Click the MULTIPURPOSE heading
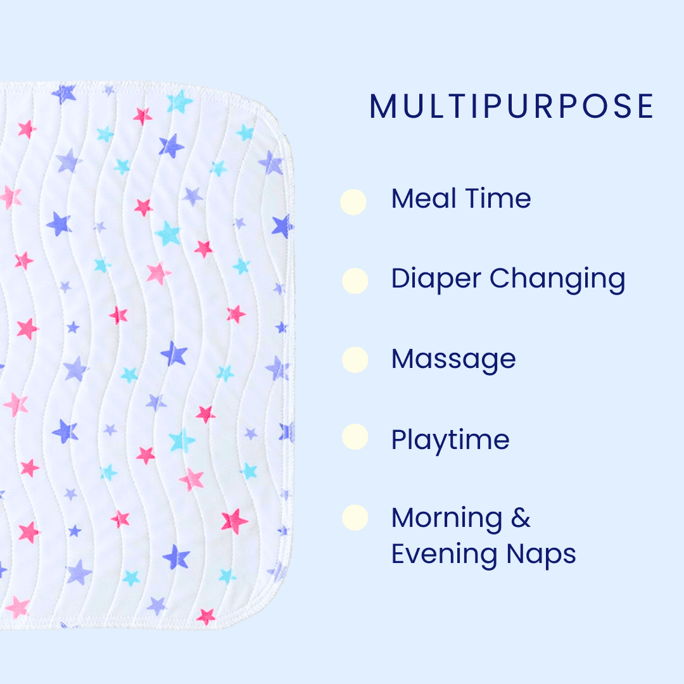coord(511,106)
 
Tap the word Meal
coord(424,198)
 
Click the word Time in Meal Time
coord(498,198)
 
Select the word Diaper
coord(436,279)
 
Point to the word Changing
coord(557,280)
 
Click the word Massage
coord(453,360)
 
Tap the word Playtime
coord(450,440)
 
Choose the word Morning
coord(446,518)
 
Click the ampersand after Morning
coord(521,518)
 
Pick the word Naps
coord(541,555)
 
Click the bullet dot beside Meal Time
coord(353,202)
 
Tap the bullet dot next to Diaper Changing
coord(355,281)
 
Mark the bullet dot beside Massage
coord(355,360)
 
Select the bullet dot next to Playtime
coord(355,436)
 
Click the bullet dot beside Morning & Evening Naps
coord(355,518)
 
